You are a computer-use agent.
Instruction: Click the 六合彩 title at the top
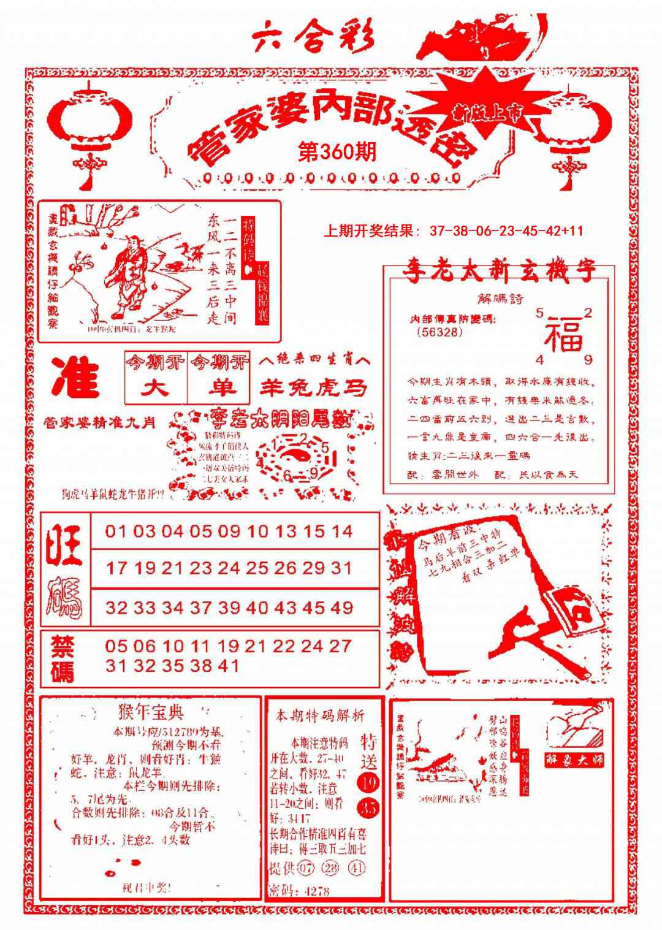[313, 38]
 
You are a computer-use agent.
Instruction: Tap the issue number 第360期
[337, 151]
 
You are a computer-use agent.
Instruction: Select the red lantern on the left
[90, 123]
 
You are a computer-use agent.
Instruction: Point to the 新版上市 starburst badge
[487, 110]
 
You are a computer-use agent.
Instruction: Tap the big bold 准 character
[75, 378]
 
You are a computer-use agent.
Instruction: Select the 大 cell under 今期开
[156, 388]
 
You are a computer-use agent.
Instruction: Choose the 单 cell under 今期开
[219, 388]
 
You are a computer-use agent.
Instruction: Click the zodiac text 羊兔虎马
[313, 387]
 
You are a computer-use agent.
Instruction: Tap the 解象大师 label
[574, 759]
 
